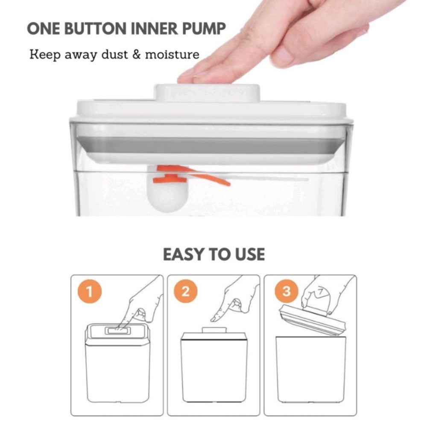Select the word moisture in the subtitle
(172, 55)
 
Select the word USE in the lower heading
(249, 254)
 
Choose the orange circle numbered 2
(186, 292)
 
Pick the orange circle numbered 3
(287, 292)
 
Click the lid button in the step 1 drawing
(118, 330)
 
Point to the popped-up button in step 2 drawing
(214, 330)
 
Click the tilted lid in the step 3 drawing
(313, 319)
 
